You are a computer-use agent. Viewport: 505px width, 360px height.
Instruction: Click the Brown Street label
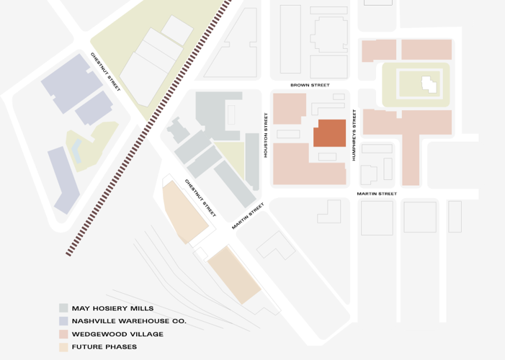pyautogui.click(x=310, y=85)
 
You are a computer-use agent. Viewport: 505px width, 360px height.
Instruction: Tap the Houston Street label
pyautogui.click(x=266, y=135)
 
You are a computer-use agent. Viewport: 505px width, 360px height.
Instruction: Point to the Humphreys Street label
pyautogui.click(x=354, y=135)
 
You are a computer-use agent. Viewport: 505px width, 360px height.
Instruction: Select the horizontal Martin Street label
pyautogui.click(x=377, y=194)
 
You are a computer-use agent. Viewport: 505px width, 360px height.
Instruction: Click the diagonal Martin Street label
pyautogui.click(x=248, y=216)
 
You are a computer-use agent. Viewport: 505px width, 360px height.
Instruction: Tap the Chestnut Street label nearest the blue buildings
pyautogui.click(x=105, y=71)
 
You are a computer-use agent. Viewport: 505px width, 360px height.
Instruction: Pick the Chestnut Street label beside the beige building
pyautogui.click(x=200, y=198)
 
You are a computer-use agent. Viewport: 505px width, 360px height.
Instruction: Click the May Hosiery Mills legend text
pyautogui.click(x=112, y=308)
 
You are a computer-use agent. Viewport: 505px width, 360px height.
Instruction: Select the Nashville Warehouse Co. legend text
pyautogui.click(x=129, y=321)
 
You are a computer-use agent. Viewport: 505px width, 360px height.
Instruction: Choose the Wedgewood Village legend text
pyautogui.click(x=118, y=334)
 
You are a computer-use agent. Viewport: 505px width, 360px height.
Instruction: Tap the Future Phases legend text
pyautogui.click(x=104, y=347)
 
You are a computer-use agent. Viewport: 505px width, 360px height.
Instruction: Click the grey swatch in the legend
pyautogui.click(x=63, y=308)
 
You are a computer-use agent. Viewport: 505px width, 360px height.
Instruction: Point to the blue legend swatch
pyautogui.click(x=63, y=321)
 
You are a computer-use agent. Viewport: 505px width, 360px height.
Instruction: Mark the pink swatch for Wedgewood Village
pyautogui.click(x=63, y=334)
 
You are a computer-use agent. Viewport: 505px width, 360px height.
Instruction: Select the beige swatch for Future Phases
pyautogui.click(x=63, y=347)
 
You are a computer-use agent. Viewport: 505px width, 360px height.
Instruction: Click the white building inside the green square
pyautogui.click(x=429, y=84)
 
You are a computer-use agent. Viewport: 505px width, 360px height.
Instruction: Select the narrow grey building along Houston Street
pyautogui.click(x=251, y=161)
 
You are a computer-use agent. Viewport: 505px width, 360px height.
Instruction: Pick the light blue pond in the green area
pyautogui.click(x=76, y=149)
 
